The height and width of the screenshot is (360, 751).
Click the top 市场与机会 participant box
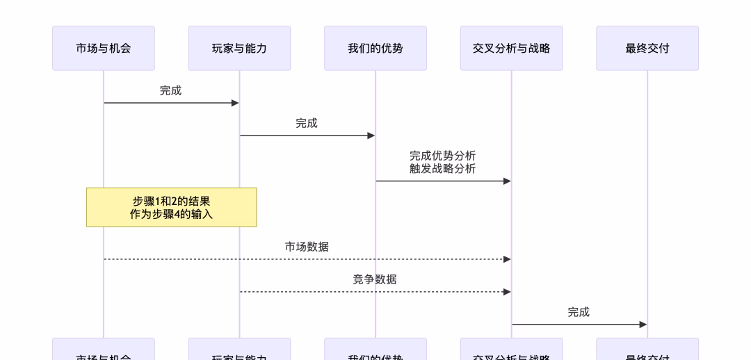click(x=103, y=49)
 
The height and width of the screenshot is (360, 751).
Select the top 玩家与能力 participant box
click(x=239, y=49)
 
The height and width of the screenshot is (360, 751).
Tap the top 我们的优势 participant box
click(x=375, y=49)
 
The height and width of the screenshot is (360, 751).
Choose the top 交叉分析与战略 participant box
click(x=511, y=49)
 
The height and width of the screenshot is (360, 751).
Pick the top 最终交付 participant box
click(x=647, y=49)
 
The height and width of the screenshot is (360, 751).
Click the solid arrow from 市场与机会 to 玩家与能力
click(x=171, y=103)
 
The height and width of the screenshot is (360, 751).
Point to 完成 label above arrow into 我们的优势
click(x=307, y=123)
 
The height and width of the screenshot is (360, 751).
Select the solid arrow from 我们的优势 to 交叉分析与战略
click(x=443, y=181)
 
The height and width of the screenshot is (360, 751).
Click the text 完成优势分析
click(x=443, y=156)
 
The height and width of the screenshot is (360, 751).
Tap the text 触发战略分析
click(x=443, y=168)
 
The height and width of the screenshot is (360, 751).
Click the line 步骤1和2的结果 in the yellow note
click(x=171, y=201)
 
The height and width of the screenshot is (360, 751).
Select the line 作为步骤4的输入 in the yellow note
click(x=171, y=214)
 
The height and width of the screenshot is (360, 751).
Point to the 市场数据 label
click(x=307, y=247)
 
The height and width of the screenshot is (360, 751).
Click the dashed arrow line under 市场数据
click(x=307, y=259)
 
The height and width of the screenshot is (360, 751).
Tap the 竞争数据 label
click(x=375, y=279)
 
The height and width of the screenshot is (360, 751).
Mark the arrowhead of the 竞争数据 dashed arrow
click(x=507, y=292)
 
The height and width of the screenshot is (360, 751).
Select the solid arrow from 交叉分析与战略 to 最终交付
click(x=579, y=325)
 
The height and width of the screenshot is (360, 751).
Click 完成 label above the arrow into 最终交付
click(x=579, y=312)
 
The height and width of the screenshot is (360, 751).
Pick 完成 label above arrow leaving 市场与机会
click(x=171, y=90)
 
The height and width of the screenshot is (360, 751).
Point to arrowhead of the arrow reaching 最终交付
click(x=643, y=325)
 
